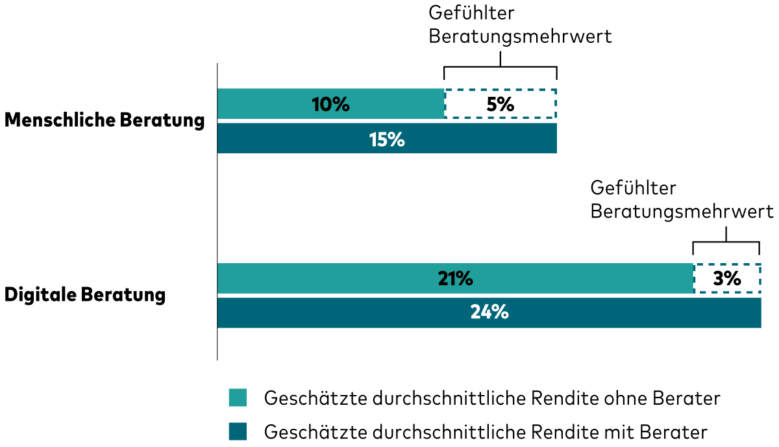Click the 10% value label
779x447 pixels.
330,104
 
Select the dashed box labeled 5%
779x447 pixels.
501,104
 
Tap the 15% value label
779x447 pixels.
387,139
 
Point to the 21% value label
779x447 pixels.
455,278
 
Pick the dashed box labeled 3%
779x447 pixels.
726,278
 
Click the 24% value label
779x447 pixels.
489,313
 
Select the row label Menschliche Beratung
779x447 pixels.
105,121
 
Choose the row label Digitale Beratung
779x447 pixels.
85,295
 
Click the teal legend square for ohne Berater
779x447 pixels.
238,398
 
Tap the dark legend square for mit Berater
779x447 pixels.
238,431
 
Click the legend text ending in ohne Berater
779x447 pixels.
492,398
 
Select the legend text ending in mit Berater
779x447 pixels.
486,431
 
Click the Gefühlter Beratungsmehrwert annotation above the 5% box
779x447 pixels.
520,25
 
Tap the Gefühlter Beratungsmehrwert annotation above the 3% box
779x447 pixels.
682,200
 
